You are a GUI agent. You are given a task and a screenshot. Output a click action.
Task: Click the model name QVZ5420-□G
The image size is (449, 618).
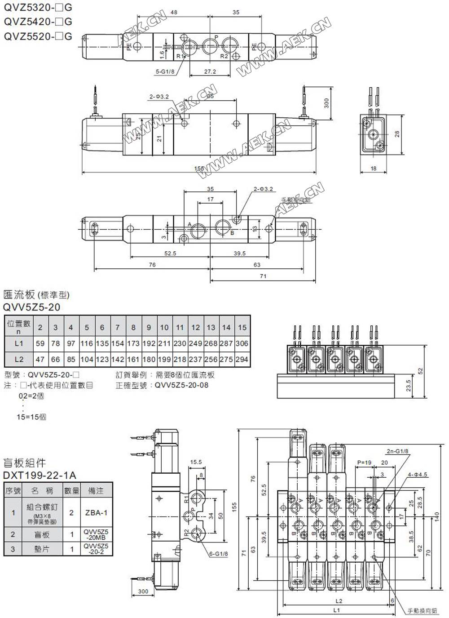tap(38, 22)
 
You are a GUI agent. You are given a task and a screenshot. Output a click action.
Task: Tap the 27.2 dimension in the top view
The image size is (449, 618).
tap(210, 71)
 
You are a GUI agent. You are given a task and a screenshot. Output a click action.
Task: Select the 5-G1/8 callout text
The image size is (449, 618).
tap(165, 71)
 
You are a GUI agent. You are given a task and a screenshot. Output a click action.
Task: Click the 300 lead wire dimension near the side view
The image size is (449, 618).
tap(326, 103)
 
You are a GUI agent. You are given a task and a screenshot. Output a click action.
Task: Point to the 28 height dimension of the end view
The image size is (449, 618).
tap(396, 134)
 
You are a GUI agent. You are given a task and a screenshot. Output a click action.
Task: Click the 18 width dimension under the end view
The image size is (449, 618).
tap(374, 169)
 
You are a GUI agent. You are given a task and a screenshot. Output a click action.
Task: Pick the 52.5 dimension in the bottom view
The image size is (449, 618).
tap(170, 253)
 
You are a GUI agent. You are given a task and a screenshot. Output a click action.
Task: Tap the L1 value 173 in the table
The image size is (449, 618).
tap(133, 343)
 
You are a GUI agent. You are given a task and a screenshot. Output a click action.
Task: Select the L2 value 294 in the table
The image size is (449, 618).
tap(242, 360)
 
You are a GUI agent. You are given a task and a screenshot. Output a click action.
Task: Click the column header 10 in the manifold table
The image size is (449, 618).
tap(164, 328)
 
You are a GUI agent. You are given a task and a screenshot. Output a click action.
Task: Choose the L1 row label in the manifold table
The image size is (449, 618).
tap(18, 343)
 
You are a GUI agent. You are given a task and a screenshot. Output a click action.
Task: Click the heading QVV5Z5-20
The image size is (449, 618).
tap(31, 307)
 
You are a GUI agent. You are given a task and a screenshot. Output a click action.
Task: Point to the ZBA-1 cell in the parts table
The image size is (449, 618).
tap(96, 512)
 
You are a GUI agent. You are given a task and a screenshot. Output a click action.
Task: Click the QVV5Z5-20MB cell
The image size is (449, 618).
tap(96, 534)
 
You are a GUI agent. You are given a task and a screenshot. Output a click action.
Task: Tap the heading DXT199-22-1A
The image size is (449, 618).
tap(40, 475)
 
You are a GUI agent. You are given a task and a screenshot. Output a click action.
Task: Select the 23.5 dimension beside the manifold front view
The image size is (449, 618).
tap(408, 386)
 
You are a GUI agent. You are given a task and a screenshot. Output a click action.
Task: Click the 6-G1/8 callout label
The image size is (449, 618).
tap(219, 554)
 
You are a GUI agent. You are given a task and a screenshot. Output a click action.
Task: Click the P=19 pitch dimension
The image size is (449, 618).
tap(364, 462)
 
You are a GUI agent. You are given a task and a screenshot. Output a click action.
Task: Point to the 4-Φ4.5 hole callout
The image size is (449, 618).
tap(418, 474)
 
